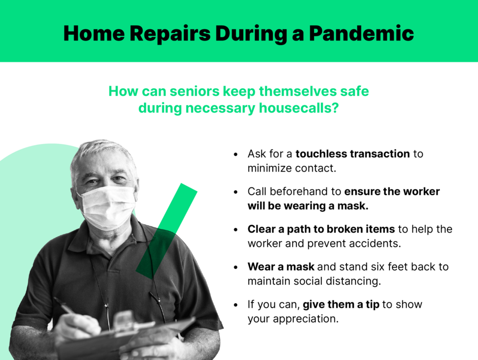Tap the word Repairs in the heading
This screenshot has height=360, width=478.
(x=170, y=34)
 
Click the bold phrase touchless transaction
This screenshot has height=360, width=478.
(x=353, y=154)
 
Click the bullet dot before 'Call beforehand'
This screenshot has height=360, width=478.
(x=235, y=192)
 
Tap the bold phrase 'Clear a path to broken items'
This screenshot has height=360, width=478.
(x=321, y=229)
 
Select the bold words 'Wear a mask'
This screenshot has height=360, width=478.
(x=281, y=267)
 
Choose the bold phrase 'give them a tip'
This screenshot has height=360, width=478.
(x=341, y=305)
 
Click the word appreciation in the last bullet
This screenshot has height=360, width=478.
(x=305, y=319)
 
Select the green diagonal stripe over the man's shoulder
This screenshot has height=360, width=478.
(x=166, y=231)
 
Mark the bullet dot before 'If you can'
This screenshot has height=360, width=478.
(x=235, y=305)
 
